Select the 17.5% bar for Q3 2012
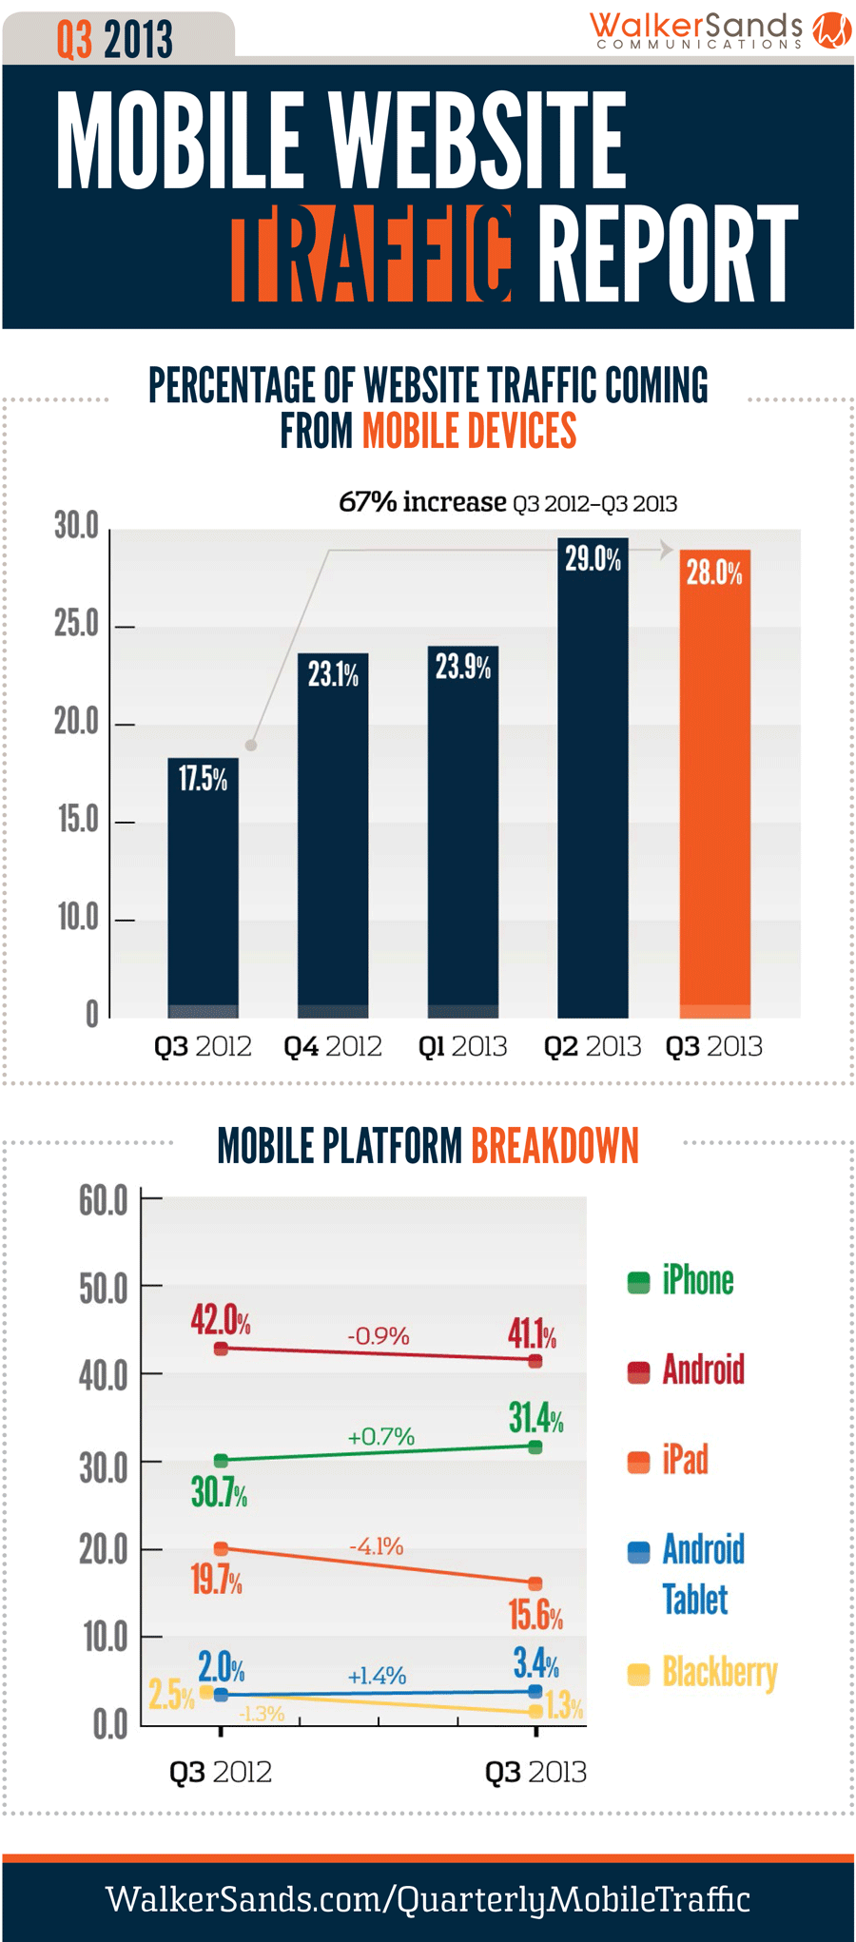[x=203, y=889]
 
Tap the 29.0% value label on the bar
[x=593, y=559]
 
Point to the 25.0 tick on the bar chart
[x=76, y=625]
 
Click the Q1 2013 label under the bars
[x=462, y=1047]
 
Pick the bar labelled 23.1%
[x=333, y=837]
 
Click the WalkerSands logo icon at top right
[x=831, y=29]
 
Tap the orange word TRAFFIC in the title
[x=372, y=254]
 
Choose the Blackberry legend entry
[x=703, y=1673]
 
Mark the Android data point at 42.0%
[x=221, y=1349]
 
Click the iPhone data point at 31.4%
[x=535, y=1447]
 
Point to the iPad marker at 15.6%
[x=535, y=1583]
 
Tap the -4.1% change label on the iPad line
[x=377, y=1546]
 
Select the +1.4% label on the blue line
[x=377, y=1676]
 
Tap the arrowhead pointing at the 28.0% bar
[x=667, y=549]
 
